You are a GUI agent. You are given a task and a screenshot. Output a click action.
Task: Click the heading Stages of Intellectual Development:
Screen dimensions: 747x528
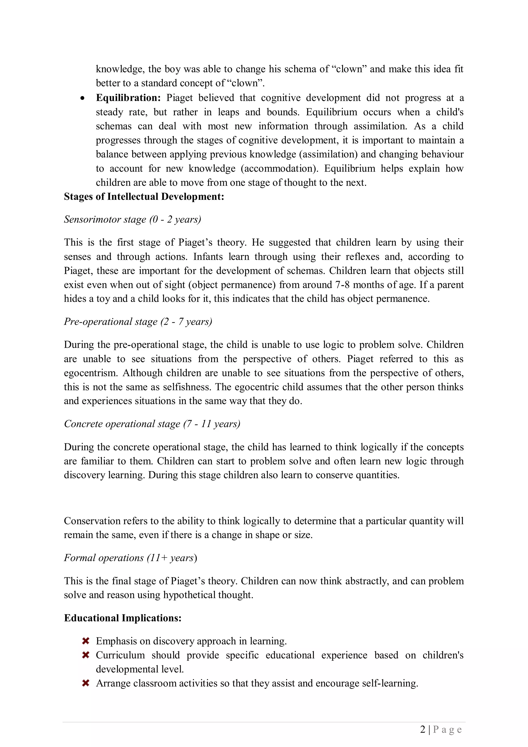point(144,196)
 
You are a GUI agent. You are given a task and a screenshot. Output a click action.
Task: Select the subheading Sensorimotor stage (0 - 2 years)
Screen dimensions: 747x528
point(133,219)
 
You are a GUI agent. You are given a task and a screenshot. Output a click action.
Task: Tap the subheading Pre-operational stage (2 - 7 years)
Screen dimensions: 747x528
point(138,321)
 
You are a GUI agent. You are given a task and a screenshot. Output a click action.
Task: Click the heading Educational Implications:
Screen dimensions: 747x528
point(123,618)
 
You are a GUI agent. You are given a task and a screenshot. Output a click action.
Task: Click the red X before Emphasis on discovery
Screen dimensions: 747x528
point(86,641)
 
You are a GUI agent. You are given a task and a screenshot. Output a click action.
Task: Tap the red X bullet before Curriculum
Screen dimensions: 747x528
point(86,655)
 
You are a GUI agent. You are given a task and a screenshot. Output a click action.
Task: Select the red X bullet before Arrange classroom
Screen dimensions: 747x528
point(86,683)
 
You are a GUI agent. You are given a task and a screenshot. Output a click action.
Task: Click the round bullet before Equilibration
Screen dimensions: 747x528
point(83,98)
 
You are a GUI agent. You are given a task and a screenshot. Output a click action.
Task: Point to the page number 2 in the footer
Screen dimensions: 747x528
point(423,729)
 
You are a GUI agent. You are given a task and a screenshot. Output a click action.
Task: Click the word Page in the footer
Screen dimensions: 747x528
point(447,730)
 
